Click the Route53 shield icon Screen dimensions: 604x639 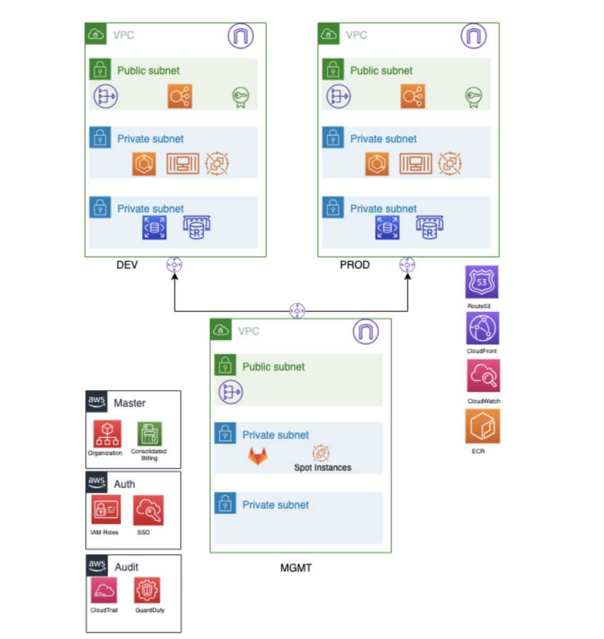pyautogui.click(x=482, y=282)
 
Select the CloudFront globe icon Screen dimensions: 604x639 pyautogui.click(x=482, y=328)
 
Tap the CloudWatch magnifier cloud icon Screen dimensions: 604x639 pyautogui.click(x=484, y=376)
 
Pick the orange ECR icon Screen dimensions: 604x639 pyautogui.click(x=482, y=426)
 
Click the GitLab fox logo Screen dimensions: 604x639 pyautogui.click(x=258, y=456)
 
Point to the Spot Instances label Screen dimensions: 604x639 pyautogui.click(x=323, y=467)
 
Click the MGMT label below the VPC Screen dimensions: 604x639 pyautogui.click(x=296, y=568)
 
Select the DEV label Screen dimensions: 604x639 pyautogui.click(x=127, y=265)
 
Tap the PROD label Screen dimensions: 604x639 pyautogui.click(x=355, y=265)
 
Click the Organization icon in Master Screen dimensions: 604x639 pyautogui.click(x=107, y=434)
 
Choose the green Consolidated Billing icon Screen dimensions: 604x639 pyautogui.click(x=150, y=434)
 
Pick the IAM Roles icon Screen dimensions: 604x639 pyautogui.click(x=106, y=509)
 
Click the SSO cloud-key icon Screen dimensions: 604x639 pyautogui.click(x=148, y=510)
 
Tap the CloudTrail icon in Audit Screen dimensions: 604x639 pyautogui.click(x=104, y=590)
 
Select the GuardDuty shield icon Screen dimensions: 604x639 pyautogui.click(x=147, y=590)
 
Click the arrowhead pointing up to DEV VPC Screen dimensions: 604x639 pyautogui.click(x=175, y=276)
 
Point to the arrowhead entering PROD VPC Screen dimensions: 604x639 pyautogui.click(x=408, y=276)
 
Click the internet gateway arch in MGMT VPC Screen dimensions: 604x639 pyautogui.click(x=365, y=332)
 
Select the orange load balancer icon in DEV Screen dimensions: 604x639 pyautogui.click(x=180, y=96)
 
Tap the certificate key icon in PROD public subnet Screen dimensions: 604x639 pyautogui.click(x=473, y=97)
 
